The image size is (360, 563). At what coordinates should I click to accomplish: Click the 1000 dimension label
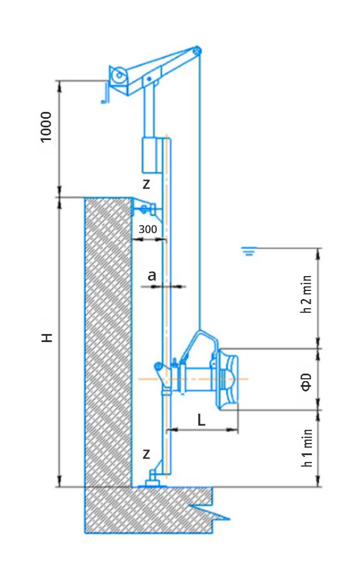click(x=46, y=127)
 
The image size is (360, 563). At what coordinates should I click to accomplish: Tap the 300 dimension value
click(x=148, y=229)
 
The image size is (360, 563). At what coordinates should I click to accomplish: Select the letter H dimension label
click(x=48, y=337)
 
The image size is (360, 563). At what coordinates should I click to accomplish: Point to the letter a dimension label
click(x=152, y=275)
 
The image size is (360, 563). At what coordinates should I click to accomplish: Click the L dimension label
click(x=202, y=420)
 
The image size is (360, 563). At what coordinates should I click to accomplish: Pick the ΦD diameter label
click(x=306, y=382)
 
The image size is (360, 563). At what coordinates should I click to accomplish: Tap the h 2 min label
click(x=306, y=294)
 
